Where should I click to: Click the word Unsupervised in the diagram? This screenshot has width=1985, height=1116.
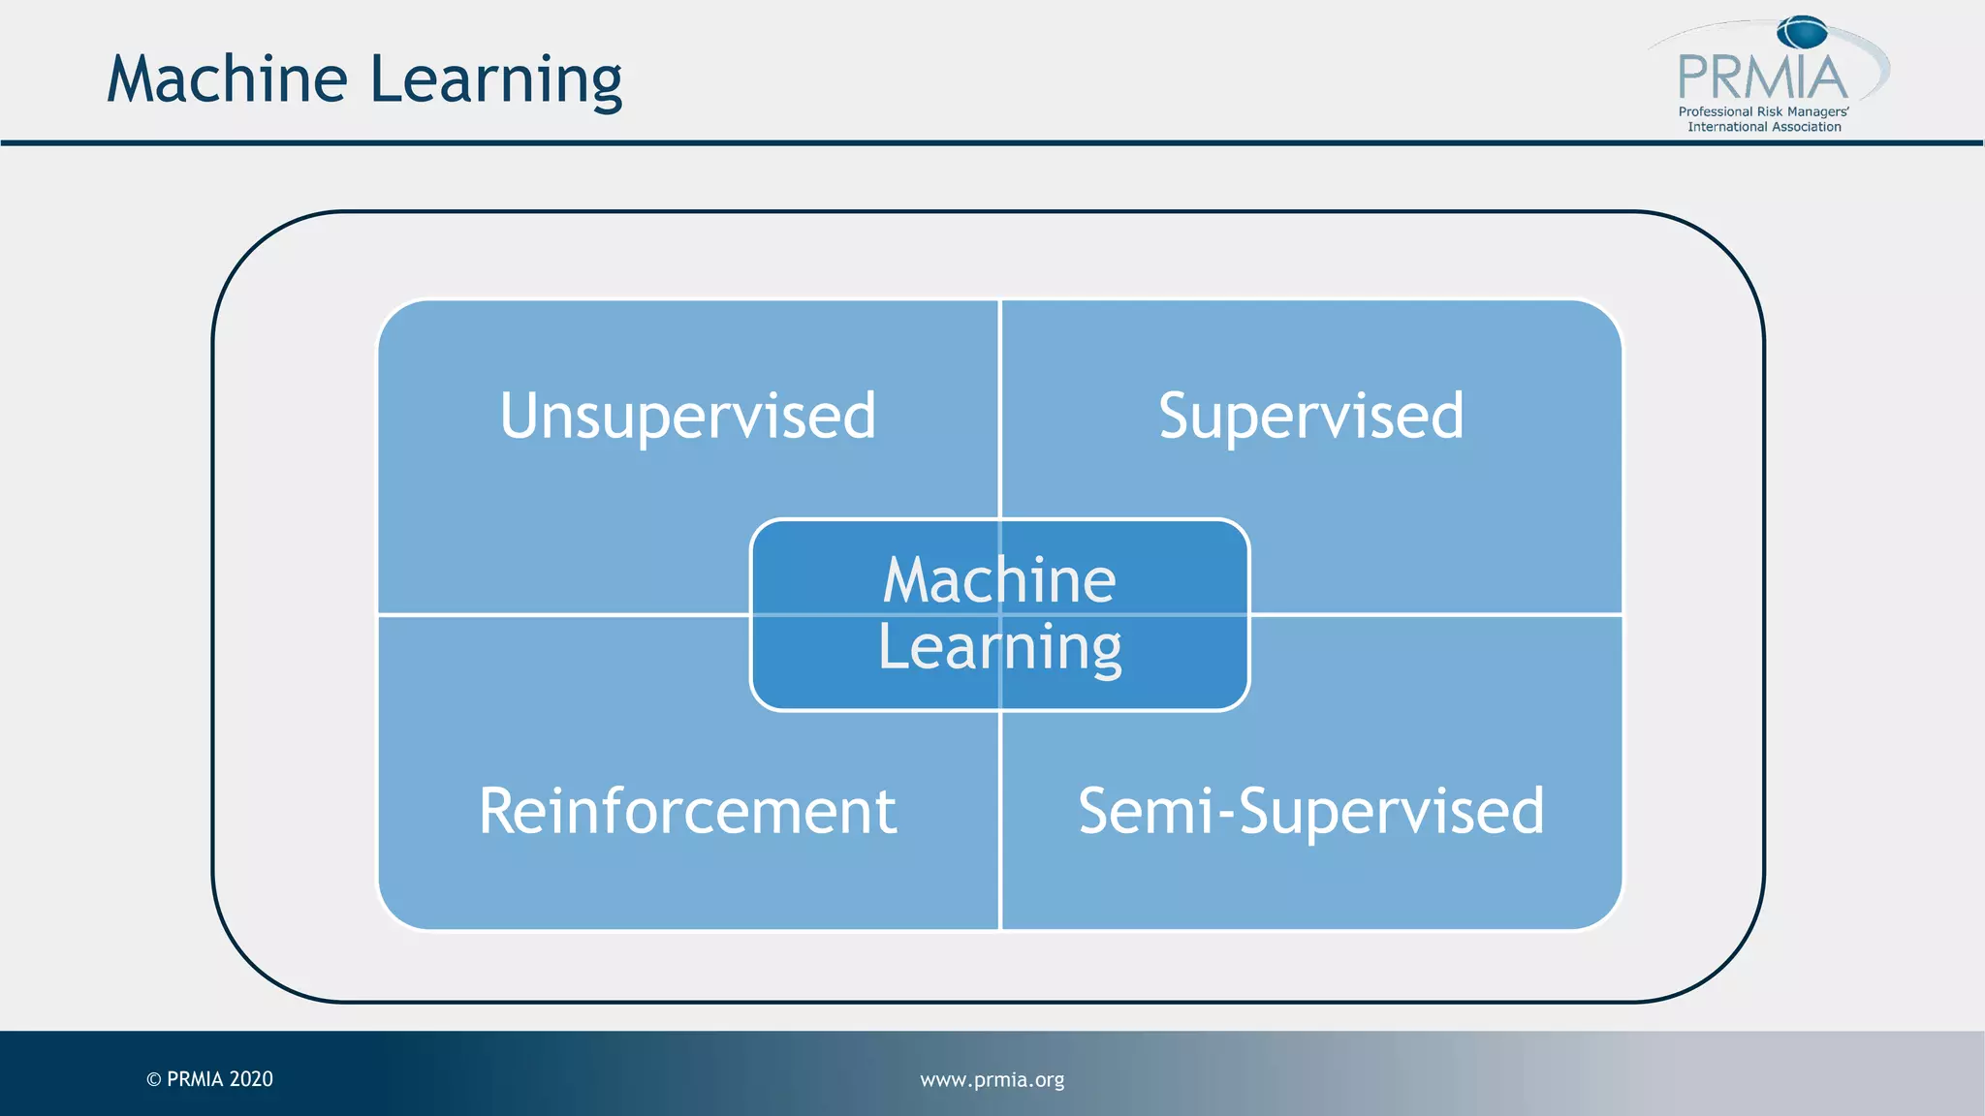point(688,416)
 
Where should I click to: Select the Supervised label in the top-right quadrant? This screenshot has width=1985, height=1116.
point(1310,416)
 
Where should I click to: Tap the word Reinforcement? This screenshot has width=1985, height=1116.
point(687,811)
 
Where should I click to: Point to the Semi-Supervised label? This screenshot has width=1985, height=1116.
point(1310,811)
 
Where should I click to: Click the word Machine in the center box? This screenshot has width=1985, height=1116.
point(999,580)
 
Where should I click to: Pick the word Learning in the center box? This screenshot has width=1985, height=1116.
point(999,648)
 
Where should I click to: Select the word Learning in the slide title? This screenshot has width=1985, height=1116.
point(496,80)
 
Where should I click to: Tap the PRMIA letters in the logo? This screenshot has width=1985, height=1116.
point(1762,77)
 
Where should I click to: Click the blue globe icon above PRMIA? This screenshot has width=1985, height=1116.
point(1802,33)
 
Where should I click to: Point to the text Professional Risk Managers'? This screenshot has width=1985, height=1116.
point(1763,111)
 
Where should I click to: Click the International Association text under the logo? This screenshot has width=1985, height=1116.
point(1764,127)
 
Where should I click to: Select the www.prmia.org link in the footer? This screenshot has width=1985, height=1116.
point(992,1079)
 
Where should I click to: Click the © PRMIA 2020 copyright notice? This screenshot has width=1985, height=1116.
point(209,1079)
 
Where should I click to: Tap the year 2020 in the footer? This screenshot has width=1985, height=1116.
point(251,1079)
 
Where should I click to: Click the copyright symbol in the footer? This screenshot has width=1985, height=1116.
point(153,1079)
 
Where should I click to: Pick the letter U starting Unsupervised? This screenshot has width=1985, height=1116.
point(520,416)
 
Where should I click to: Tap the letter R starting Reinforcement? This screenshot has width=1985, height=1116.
point(500,811)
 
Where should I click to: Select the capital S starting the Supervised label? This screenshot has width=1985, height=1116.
point(1177,416)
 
